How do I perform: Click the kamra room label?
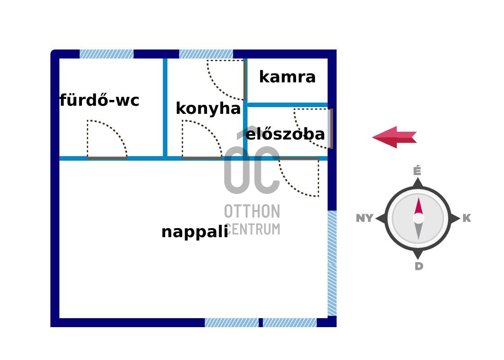click(287, 77)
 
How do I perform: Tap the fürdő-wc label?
click(99, 100)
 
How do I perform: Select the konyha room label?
click(208, 108)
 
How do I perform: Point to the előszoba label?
click(285, 134)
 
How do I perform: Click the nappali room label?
click(194, 232)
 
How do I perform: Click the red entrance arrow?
click(394, 137)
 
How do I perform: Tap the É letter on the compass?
click(417, 171)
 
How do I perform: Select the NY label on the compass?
click(364, 218)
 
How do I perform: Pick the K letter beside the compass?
click(467, 218)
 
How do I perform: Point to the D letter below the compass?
click(418, 266)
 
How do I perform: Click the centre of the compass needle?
click(418, 218)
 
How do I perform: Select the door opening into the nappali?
click(299, 178)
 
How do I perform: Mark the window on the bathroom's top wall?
click(107, 54)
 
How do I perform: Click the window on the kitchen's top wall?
click(206, 54)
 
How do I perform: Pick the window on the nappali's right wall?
click(332, 263)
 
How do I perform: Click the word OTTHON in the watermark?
click(252, 211)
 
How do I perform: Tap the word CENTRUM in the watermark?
click(253, 229)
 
